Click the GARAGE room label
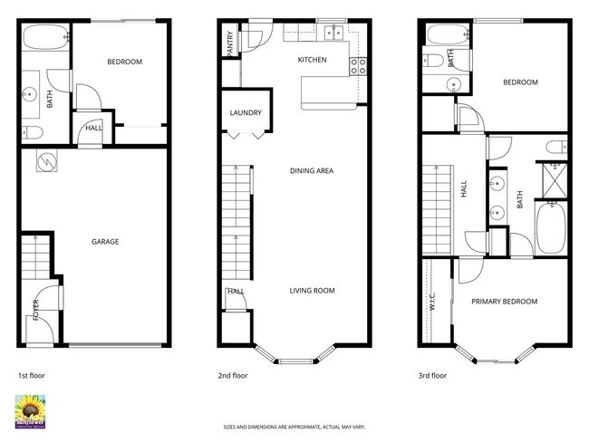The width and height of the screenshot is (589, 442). tap(105, 242)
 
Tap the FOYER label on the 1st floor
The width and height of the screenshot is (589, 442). tap(37, 311)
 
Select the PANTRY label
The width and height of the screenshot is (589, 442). tap(230, 44)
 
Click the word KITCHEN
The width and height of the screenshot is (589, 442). tap(312, 61)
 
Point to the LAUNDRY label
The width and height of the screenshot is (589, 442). tap(246, 113)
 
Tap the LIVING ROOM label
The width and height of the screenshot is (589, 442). tap(313, 291)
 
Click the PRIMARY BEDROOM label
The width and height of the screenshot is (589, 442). tap(504, 302)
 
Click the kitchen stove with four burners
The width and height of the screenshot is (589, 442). tap(358, 64)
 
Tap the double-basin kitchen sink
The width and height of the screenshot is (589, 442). tap(335, 35)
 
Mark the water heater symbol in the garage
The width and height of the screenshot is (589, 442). tap(47, 161)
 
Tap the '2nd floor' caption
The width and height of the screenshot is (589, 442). tap(233, 375)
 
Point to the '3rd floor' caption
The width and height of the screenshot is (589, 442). tap(432, 375)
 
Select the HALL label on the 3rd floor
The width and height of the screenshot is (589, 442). tap(463, 189)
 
